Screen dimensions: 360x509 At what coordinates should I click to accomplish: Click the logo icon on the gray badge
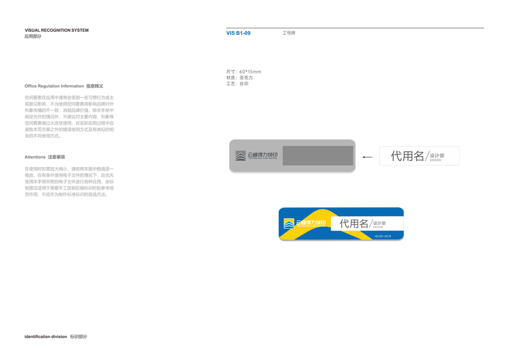click(x=240, y=156)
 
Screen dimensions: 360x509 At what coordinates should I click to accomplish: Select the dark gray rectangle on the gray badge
click(x=318, y=155)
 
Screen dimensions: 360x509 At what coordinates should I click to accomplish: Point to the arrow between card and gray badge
click(x=368, y=157)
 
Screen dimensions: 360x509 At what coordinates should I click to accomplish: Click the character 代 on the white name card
click(x=397, y=156)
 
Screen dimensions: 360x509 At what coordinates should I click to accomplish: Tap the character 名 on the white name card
click(x=418, y=156)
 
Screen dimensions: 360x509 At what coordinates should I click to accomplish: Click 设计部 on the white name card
click(x=437, y=155)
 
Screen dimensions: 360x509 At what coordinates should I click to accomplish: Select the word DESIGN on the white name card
click(x=435, y=160)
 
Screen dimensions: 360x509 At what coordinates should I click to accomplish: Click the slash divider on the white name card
click(x=427, y=157)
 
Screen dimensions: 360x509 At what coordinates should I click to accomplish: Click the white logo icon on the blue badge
click(x=290, y=224)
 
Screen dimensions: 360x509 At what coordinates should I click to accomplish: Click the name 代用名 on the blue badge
click(x=354, y=223)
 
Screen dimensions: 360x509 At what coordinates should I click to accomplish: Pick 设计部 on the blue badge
click(x=380, y=223)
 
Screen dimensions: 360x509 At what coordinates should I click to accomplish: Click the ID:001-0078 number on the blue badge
click(x=382, y=236)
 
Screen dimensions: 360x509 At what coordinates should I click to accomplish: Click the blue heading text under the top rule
click(x=239, y=34)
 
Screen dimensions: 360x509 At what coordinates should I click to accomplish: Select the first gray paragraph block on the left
click(x=68, y=113)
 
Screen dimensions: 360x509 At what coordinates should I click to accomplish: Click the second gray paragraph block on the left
click(x=68, y=180)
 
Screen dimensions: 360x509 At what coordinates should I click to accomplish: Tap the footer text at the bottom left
click(x=56, y=336)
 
